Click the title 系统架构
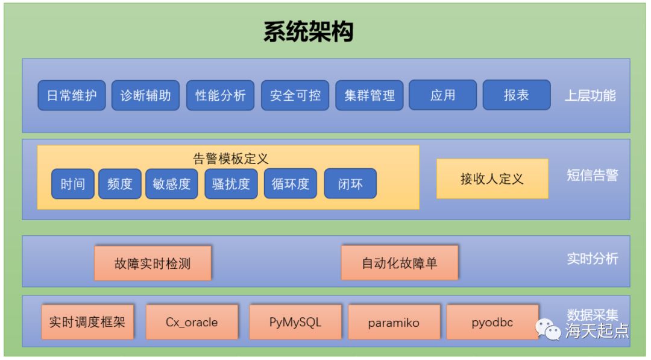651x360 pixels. pos(308,32)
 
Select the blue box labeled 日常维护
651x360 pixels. pos(72,95)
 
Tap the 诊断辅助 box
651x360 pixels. pos(145,95)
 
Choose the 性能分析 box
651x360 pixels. pos(220,95)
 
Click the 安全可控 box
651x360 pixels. pos(295,95)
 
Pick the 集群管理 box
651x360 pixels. pos(370,95)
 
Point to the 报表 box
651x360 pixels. pos(517,95)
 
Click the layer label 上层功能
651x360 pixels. pos(590,95)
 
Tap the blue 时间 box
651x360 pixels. pos(73,184)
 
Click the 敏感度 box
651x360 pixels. pos(172,184)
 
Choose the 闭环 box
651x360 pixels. pos(350,184)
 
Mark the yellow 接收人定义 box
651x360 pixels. pos(492,178)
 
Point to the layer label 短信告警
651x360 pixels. pos(593,175)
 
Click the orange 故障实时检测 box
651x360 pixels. pos(153,263)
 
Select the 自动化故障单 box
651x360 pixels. pos(399,263)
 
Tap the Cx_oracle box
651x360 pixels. pos(192,322)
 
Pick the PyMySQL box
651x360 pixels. pos(295,322)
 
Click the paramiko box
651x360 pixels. pos(394,322)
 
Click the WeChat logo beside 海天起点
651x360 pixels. pos(549,329)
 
